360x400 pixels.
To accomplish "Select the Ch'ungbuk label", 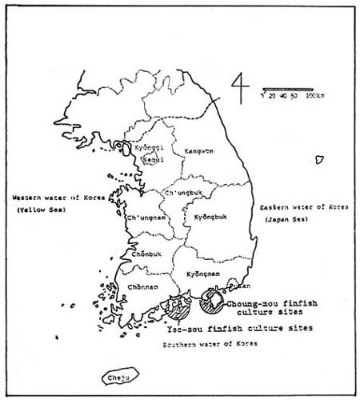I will (x=180, y=193).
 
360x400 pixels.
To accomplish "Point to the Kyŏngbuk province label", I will (x=211, y=217).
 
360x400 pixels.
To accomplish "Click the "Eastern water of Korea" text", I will (x=304, y=207).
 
